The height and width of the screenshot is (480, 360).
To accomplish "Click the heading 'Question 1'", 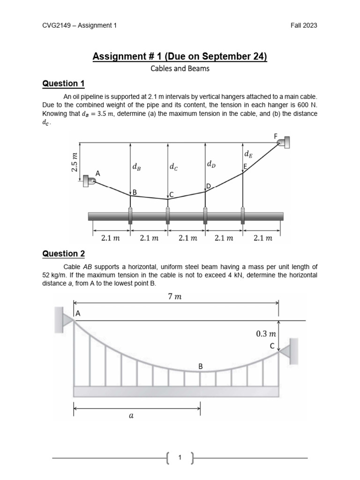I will point(63,83).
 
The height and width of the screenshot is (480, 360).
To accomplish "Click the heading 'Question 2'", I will point(63,254).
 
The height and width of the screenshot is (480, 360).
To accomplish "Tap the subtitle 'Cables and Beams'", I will point(180,68).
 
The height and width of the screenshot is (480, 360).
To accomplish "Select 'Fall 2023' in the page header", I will point(304,25).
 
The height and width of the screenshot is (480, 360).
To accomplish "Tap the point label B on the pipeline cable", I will point(135,192).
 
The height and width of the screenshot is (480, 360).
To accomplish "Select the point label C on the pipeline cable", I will point(172,195).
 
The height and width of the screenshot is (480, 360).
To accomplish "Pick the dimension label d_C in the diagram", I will point(174,167).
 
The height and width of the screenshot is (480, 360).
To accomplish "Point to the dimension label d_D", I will point(211,164).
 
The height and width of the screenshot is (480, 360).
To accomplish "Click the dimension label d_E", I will point(248,154).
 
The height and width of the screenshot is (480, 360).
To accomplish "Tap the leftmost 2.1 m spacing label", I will point(111,238).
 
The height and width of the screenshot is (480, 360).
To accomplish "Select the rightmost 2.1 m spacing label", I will point(262,238).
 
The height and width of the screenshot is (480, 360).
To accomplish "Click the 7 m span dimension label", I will point(174,296).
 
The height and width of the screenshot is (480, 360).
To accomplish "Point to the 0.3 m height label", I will point(266,334).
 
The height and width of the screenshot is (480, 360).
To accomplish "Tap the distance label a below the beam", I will point(131,420).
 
